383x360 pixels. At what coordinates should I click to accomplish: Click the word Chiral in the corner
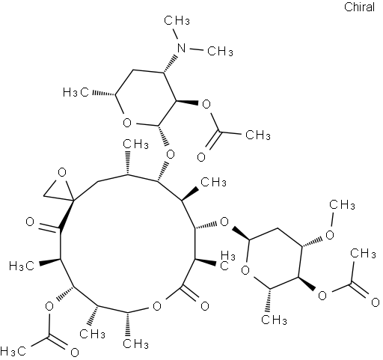click(x=359, y=7)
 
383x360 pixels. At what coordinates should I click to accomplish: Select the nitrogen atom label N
click(x=182, y=47)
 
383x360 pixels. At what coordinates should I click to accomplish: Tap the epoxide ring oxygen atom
click(x=61, y=172)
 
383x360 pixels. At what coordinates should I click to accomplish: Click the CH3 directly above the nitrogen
click(x=177, y=21)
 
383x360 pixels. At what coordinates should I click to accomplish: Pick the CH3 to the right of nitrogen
click(x=221, y=51)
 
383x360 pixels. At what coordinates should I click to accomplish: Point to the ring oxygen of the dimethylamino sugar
click(x=127, y=123)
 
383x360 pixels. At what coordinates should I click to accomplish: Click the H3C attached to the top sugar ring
click(x=76, y=93)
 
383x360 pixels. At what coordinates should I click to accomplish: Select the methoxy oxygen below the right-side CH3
click(x=330, y=235)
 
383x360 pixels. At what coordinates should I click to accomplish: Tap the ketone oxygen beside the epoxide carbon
click(x=30, y=222)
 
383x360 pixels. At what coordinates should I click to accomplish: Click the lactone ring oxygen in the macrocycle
click(x=157, y=306)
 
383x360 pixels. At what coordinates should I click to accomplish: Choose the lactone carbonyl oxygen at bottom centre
click(x=205, y=306)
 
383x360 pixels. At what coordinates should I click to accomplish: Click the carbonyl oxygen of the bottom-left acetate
click(x=75, y=353)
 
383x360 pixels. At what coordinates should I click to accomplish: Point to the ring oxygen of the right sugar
click(x=245, y=270)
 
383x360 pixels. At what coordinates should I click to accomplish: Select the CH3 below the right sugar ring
click(x=275, y=320)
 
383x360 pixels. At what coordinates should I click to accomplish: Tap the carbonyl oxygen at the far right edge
click(x=376, y=302)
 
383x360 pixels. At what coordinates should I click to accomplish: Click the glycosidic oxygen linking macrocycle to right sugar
click(x=224, y=222)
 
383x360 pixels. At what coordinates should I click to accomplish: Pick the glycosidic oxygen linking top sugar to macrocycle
click(x=171, y=155)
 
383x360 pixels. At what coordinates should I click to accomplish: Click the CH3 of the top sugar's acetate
click(x=258, y=135)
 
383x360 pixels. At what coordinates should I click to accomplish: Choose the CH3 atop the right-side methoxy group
click(x=342, y=205)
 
